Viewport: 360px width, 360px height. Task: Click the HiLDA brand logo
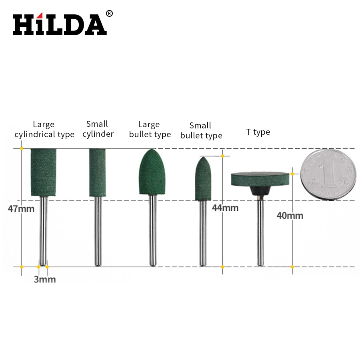point(60,24)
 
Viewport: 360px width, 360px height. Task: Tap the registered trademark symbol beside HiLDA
point(109,14)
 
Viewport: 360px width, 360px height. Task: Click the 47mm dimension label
point(21,209)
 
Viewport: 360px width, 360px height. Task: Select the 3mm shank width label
point(45,279)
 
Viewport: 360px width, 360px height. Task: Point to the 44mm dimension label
point(225,208)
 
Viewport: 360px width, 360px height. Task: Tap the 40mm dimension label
point(290,216)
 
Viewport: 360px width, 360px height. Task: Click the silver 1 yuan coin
point(328,174)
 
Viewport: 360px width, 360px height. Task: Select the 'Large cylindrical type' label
point(44,130)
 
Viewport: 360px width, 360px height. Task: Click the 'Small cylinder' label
point(98,129)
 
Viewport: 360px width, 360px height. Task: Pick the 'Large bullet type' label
point(150,130)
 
